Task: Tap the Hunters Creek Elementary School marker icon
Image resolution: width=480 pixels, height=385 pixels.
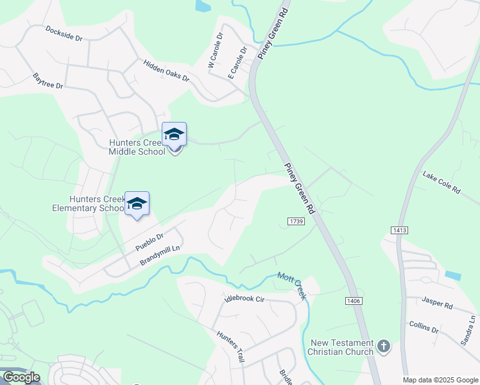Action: pyautogui.click(x=137, y=204)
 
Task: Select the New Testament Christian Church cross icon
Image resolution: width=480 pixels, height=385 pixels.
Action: pyautogui.click(x=384, y=347)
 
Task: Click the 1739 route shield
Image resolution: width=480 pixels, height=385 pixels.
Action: pyautogui.click(x=295, y=221)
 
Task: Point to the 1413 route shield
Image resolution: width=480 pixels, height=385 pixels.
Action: pyautogui.click(x=398, y=230)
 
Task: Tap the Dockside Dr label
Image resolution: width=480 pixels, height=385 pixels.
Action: pyautogui.click(x=64, y=33)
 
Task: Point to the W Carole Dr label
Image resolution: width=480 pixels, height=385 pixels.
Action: pyautogui.click(x=214, y=50)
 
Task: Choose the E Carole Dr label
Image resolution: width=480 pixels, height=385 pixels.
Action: pyautogui.click(x=237, y=61)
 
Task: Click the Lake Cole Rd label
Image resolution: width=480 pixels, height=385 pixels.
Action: pyautogui.click(x=441, y=182)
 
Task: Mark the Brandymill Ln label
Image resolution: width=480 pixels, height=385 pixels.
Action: pyautogui.click(x=160, y=253)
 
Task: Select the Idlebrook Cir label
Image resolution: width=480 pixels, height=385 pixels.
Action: pyautogui.click(x=244, y=299)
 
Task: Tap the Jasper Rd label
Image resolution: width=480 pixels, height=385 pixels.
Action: pyautogui.click(x=438, y=302)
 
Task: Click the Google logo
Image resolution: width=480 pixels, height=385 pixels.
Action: pyautogui.click(x=21, y=377)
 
